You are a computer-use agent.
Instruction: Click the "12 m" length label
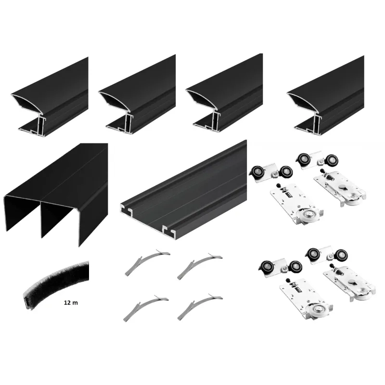pyautogui.click(x=71, y=303)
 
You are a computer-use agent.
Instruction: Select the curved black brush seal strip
pyautogui.click(x=54, y=280)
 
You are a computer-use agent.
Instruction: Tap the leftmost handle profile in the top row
pyautogui.click(x=51, y=98)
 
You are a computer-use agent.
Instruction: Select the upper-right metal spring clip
pyautogui.click(x=200, y=265)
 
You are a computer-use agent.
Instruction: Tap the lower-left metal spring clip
pyautogui.click(x=146, y=308)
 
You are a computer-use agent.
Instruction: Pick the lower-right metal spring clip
pyautogui.click(x=200, y=307)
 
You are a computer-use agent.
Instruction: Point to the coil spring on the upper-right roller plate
pyautogui.click(x=329, y=176)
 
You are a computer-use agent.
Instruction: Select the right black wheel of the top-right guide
pyautogui.click(x=332, y=160)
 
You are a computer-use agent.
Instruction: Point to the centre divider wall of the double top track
pyautogui.click(x=41, y=218)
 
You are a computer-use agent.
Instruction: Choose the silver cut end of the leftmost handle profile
pyautogui.click(x=29, y=115)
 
